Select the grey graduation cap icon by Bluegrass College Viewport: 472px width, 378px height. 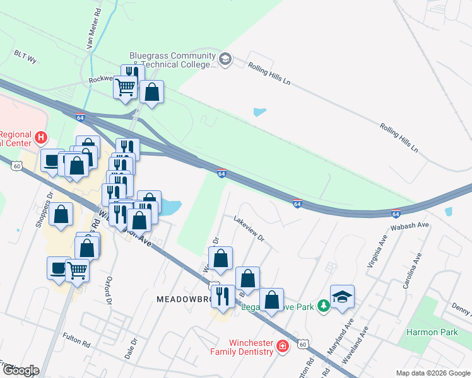tap(225, 60)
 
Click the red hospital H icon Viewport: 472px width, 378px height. tap(41, 137)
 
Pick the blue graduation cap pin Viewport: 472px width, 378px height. tap(342, 297)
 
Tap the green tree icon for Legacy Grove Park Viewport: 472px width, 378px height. tap(324, 306)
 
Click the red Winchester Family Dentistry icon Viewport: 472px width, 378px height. tap(282, 345)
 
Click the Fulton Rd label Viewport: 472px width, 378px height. tap(76, 339)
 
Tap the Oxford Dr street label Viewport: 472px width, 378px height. tap(108, 290)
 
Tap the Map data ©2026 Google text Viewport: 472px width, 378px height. tap(432, 373)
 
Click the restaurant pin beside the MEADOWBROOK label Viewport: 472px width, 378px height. tap(223, 295)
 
